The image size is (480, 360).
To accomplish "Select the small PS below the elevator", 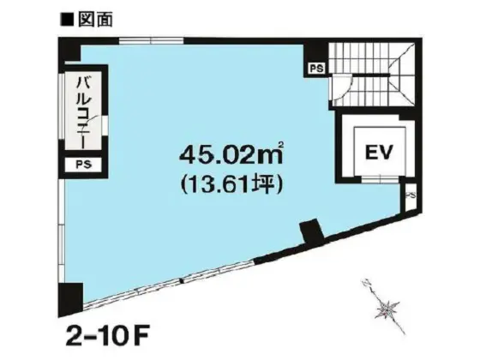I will click(411, 196).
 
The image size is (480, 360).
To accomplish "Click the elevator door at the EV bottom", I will click(379, 178).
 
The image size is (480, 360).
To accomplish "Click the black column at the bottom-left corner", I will click(70, 297).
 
